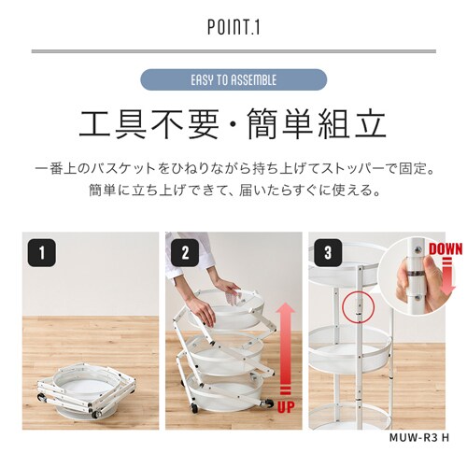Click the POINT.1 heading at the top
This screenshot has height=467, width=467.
coord(233,28)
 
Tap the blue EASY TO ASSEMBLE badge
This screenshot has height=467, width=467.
coord(233,79)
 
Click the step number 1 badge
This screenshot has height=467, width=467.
coord(39,252)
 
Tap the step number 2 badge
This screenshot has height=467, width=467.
coord(185,252)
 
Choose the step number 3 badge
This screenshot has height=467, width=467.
coord(328,252)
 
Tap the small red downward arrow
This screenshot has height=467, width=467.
coord(446,271)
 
